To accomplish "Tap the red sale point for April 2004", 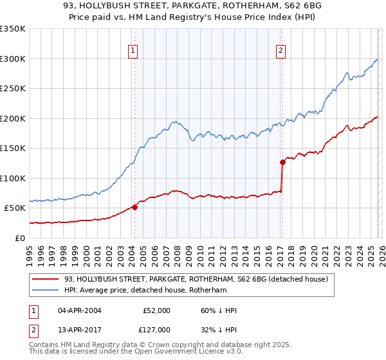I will (x=134, y=207).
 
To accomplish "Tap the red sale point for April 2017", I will (x=282, y=162).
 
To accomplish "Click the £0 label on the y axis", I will (x=19, y=238).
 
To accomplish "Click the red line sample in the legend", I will (x=45, y=279).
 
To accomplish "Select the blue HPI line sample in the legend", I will (x=45, y=291).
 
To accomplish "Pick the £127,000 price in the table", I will (x=156, y=330).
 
